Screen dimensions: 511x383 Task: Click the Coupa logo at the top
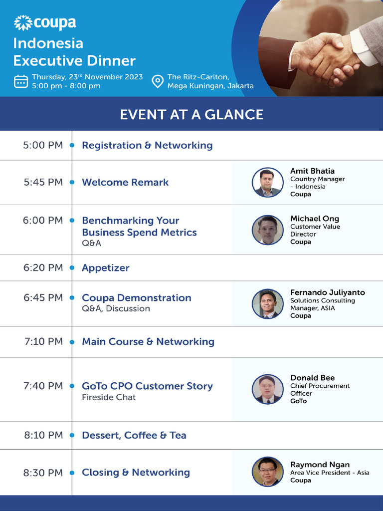45,23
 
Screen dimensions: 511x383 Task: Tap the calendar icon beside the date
21,81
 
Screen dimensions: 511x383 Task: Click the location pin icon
158,81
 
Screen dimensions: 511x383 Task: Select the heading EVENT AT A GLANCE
191,114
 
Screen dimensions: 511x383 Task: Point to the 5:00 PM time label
43,145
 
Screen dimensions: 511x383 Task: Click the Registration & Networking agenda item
147,145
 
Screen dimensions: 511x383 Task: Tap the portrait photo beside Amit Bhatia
267,183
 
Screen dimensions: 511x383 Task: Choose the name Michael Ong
315,219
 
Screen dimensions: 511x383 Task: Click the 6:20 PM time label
43,267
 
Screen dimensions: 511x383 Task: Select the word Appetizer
106,268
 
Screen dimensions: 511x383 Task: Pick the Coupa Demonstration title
137,298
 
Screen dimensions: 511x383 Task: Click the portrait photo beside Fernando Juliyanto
267,303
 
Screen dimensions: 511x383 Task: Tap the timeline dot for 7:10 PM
72,342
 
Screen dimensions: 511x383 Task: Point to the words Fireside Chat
109,397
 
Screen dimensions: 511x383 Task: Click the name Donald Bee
313,378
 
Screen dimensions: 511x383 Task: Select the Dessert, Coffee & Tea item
134,435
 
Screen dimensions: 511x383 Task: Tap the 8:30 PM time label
43,472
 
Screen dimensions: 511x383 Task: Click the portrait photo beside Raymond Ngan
267,472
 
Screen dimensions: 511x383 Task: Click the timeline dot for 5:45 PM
72,183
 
